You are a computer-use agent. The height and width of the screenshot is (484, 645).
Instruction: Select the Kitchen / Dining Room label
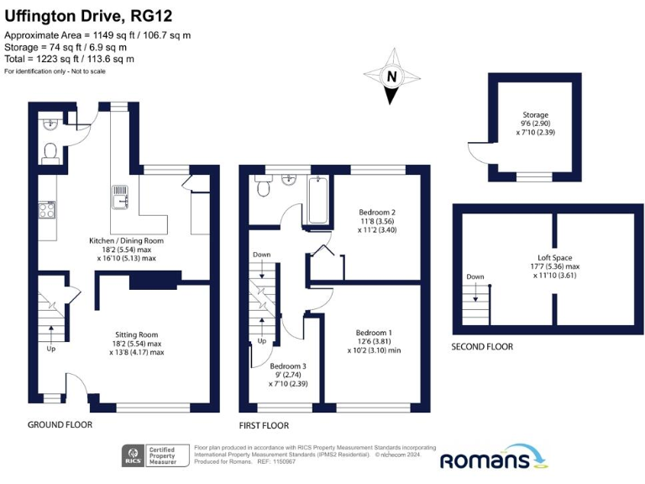[126, 240]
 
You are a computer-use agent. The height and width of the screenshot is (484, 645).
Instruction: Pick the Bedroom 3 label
[288, 366]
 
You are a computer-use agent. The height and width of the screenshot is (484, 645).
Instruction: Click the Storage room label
[536, 115]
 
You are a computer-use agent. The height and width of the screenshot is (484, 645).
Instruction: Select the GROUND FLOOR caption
[60, 425]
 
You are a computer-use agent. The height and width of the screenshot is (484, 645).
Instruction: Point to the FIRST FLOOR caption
[264, 426]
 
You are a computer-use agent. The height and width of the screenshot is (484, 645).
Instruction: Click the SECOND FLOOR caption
[482, 346]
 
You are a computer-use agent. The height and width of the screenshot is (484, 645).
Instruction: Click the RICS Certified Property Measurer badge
[155, 457]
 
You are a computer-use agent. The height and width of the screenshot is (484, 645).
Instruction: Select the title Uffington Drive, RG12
[87, 13]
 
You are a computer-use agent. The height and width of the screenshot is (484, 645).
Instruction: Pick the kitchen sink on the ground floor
[119, 196]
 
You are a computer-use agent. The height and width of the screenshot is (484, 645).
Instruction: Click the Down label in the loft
[475, 276]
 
